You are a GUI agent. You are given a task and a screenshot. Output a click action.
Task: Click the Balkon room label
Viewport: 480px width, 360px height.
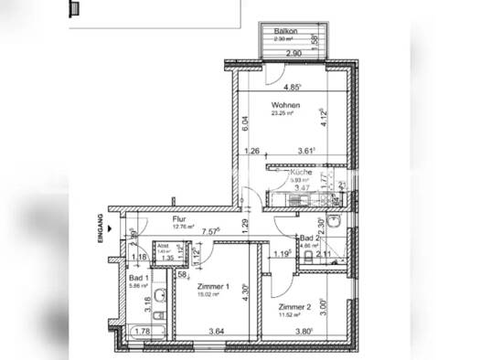tap(286, 32)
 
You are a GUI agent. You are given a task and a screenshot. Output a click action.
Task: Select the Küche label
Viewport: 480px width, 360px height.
tap(303, 173)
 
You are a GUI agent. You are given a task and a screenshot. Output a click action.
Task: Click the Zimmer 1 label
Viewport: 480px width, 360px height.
tap(216, 285)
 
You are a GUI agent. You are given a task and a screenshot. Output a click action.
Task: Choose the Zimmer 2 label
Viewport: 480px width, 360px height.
tap(296, 307)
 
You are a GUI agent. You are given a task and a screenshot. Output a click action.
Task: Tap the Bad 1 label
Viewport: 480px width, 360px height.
tap(139, 277)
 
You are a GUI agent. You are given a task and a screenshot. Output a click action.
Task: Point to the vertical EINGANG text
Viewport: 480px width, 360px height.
tap(98, 225)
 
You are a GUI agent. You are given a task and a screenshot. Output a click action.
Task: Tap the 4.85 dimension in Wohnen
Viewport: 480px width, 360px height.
tap(293, 88)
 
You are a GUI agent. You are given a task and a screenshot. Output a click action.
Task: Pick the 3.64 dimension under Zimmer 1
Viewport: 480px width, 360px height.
tap(216, 332)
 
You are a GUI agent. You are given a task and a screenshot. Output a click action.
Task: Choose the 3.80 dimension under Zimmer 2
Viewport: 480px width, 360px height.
tap(306, 332)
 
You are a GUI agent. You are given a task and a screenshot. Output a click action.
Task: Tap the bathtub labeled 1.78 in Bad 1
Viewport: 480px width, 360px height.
tap(144, 332)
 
